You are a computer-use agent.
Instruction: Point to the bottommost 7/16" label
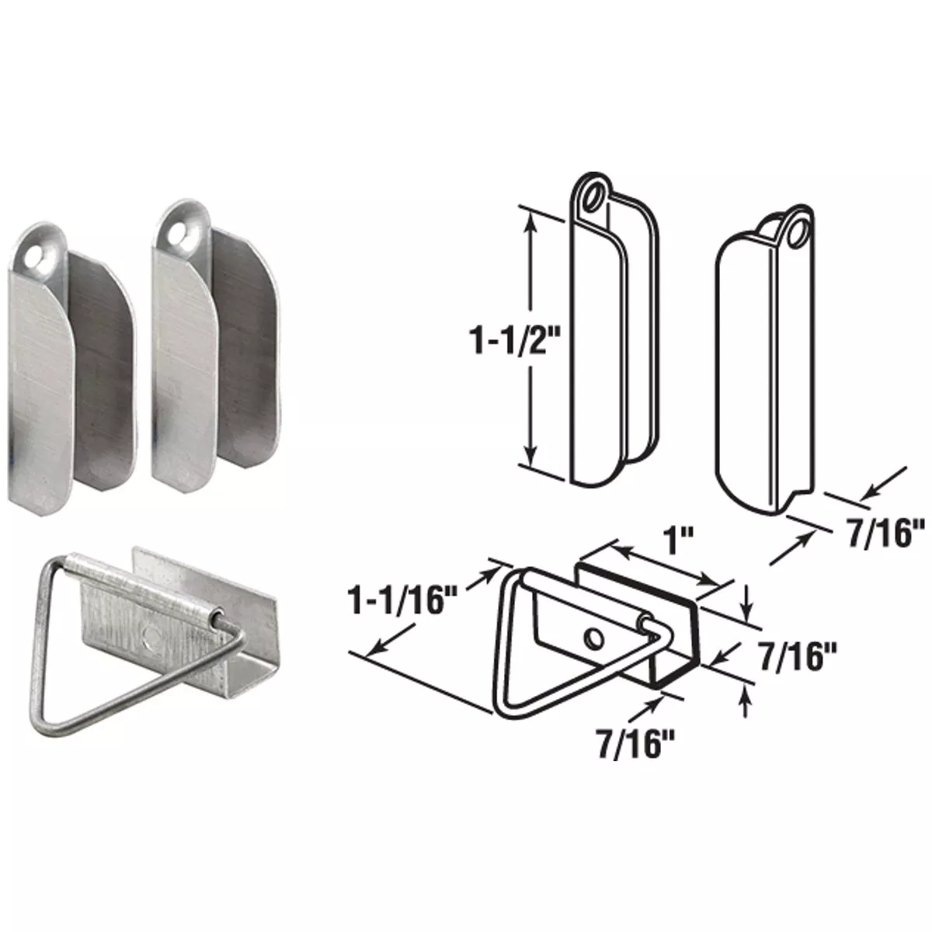(x=628, y=745)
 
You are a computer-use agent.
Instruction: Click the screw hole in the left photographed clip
(x=33, y=254)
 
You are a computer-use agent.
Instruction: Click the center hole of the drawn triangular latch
(x=593, y=638)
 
